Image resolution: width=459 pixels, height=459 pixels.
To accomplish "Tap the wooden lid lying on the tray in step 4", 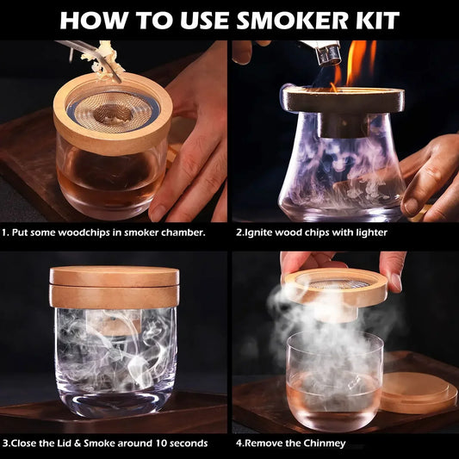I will (419, 393).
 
